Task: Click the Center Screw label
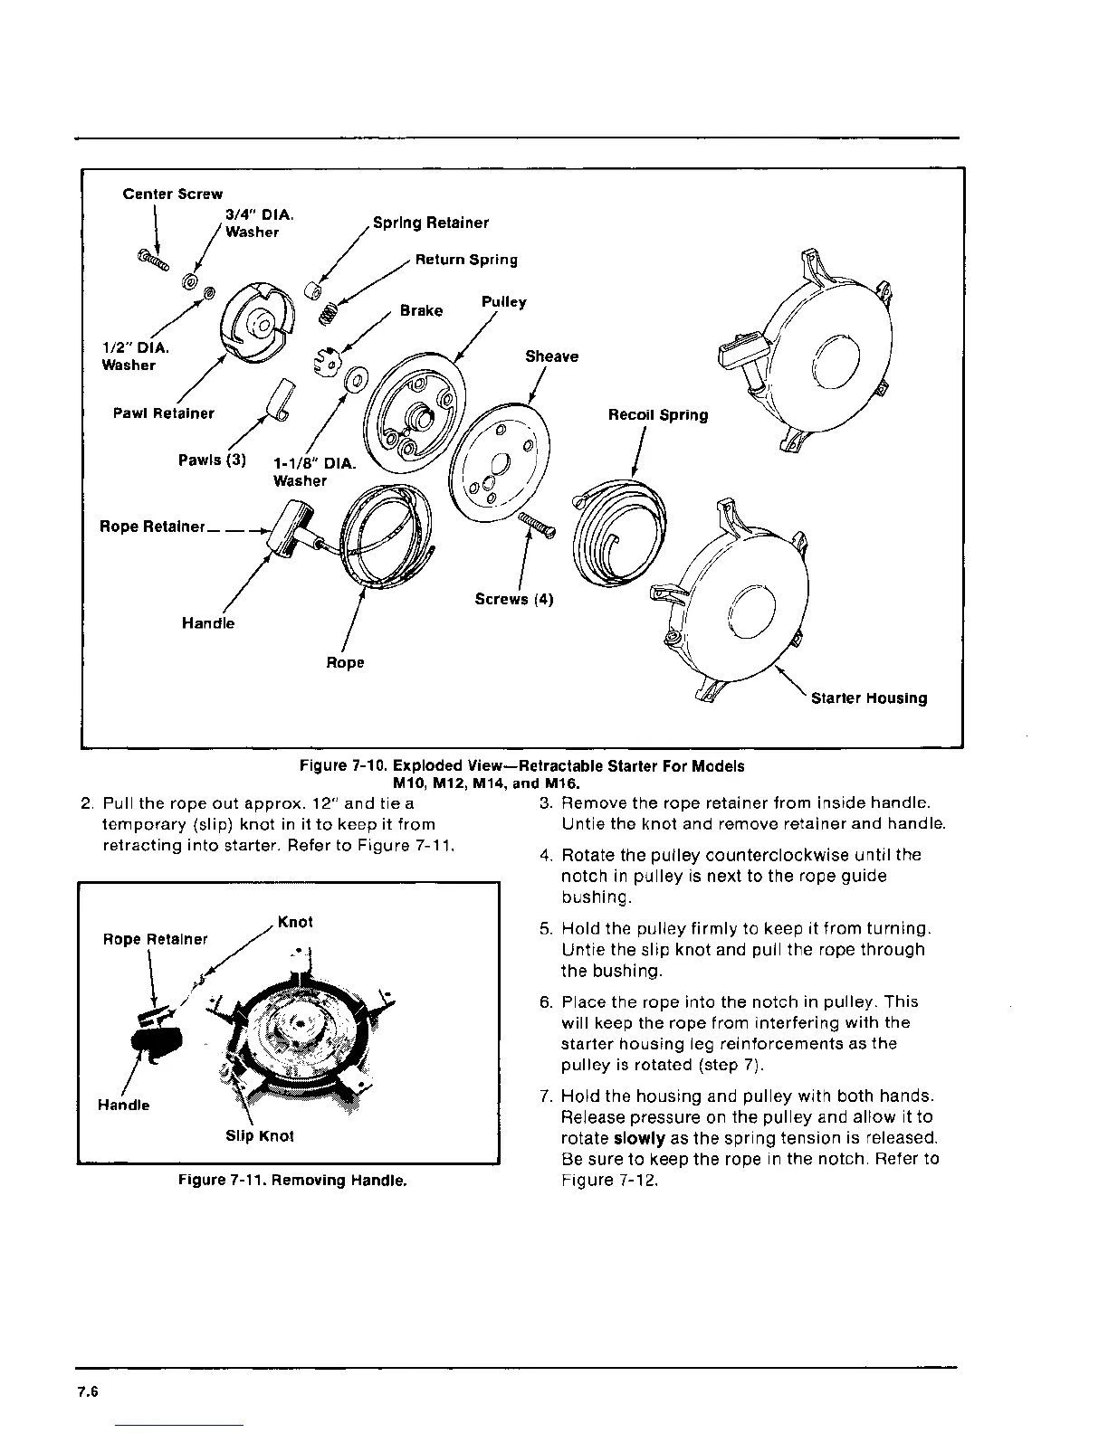coord(173,194)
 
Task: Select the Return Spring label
coord(466,260)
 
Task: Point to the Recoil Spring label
coord(658,415)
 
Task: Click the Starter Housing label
coord(869,698)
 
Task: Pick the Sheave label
coord(551,356)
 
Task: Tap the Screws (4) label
coord(514,599)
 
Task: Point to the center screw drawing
coord(154,261)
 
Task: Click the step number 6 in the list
coord(545,1002)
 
